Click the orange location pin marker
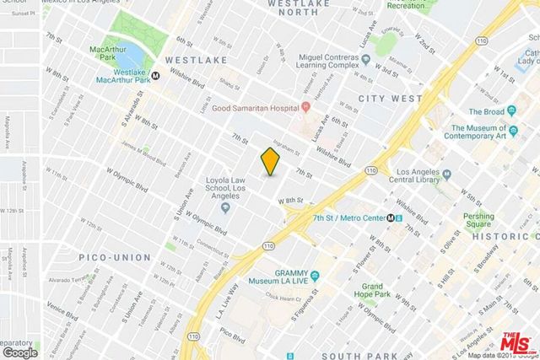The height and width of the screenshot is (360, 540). pyautogui.click(x=269, y=160)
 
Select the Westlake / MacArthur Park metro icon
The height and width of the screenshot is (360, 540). pyautogui.click(x=156, y=75)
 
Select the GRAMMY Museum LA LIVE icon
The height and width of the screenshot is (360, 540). pyautogui.click(x=314, y=276)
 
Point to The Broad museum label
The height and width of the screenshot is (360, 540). pyautogui.click(x=486, y=111)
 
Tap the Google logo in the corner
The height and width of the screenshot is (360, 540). pyautogui.click(x=19, y=352)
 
